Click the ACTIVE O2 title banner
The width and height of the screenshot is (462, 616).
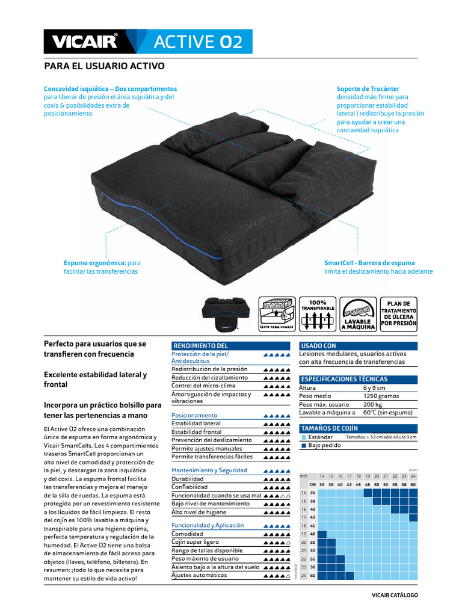tap(198, 42)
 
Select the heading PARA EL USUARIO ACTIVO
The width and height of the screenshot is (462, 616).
tap(105, 66)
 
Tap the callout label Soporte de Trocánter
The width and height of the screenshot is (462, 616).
tap(368, 89)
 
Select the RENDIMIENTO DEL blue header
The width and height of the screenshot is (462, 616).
tap(200, 346)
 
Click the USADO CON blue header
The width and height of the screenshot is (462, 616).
tap(318, 346)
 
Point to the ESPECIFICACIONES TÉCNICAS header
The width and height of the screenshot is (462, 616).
tap(343, 380)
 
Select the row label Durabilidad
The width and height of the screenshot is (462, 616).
tap(188, 479)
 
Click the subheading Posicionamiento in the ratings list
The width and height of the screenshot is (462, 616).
tap(194, 415)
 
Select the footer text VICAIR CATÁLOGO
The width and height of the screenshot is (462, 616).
tap(394, 595)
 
